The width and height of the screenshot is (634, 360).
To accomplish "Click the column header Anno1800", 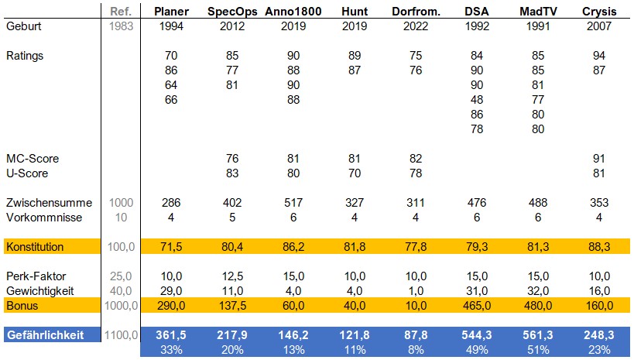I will click(x=293, y=11).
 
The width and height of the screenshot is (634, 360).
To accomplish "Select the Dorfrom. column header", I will click(x=416, y=11).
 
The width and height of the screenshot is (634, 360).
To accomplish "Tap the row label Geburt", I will click(x=24, y=26).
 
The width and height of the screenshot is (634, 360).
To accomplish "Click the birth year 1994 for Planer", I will click(x=172, y=26).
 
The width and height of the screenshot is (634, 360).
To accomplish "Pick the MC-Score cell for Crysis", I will click(x=600, y=159).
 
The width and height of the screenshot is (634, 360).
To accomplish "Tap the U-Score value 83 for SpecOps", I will click(x=232, y=173).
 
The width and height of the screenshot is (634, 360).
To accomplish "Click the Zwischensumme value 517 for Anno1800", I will click(x=293, y=203).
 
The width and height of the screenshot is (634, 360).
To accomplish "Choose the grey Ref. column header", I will click(x=122, y=11).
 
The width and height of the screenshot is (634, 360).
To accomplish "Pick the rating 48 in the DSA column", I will click(x=477, y=100).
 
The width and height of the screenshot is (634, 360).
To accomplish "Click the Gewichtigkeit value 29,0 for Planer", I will click(x=172, y=291).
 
